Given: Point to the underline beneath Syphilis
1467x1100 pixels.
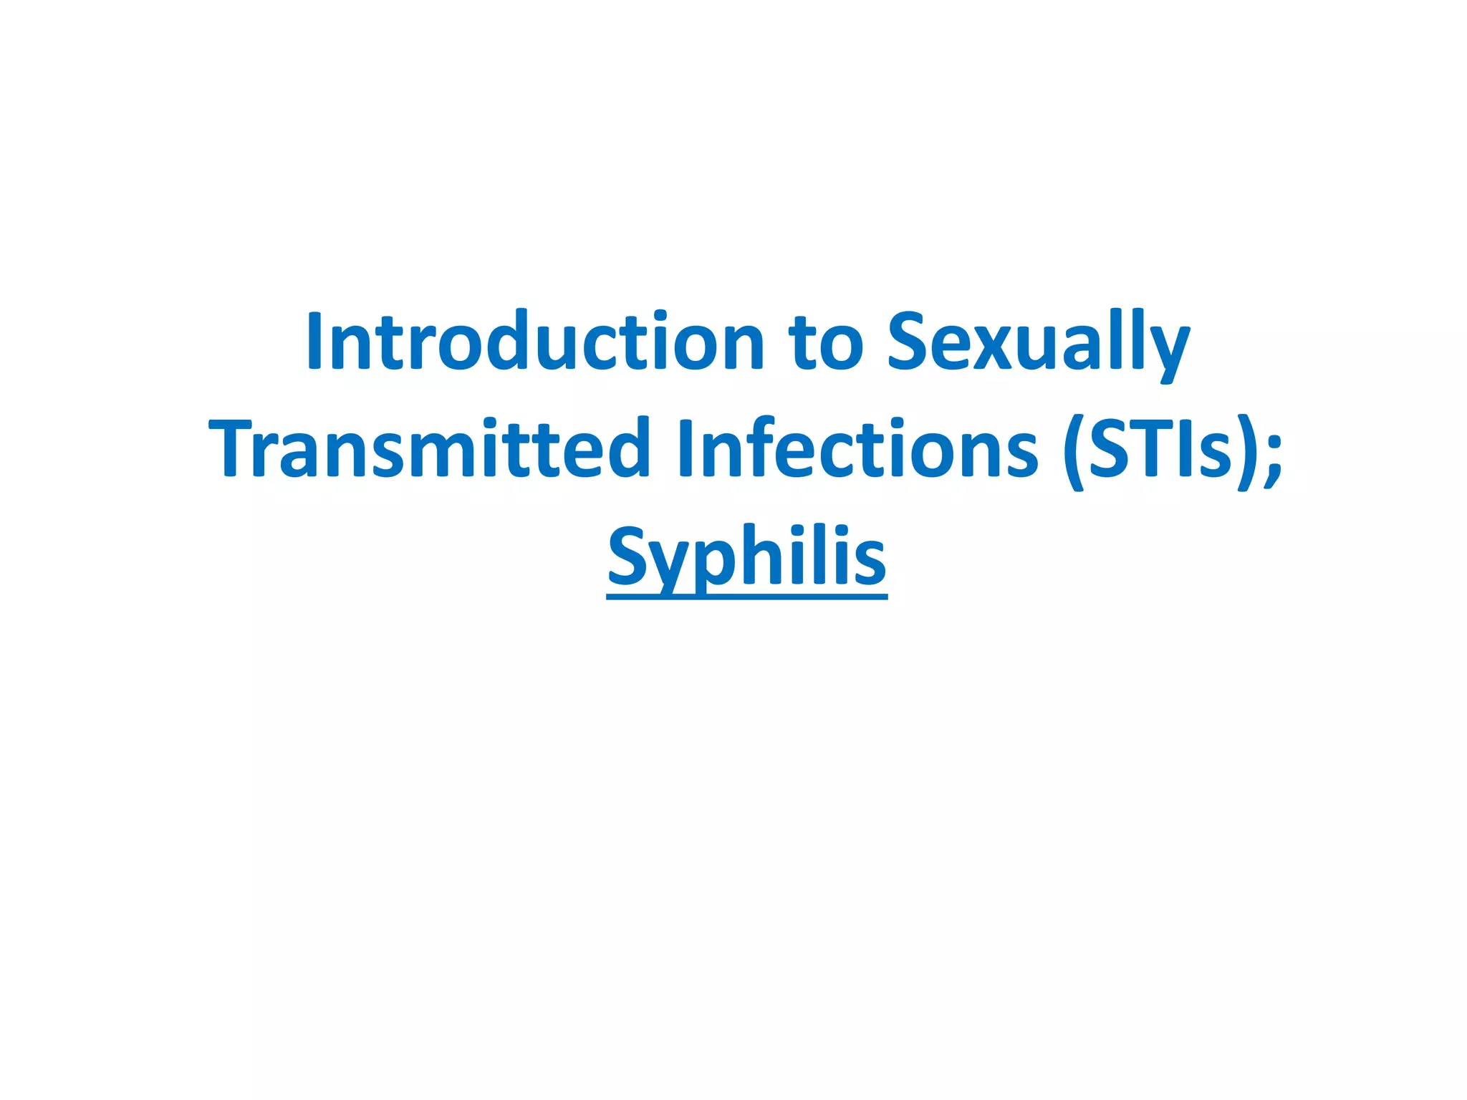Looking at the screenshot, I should click(x=746, y=595).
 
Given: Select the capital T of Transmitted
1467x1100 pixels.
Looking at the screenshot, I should click(x=236, y=448).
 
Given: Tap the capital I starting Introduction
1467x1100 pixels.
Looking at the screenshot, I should click(x=314, y=342).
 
